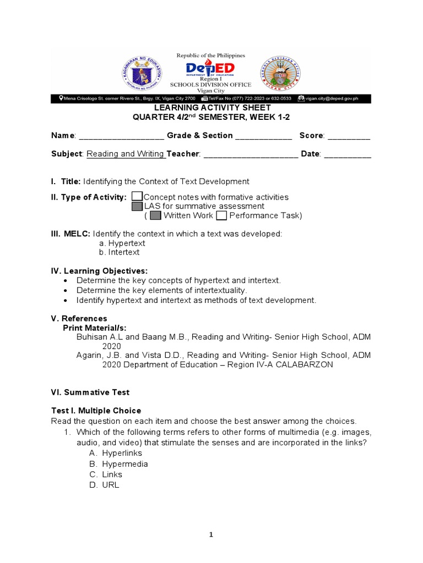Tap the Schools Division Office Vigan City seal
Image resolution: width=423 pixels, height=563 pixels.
click(281, 74)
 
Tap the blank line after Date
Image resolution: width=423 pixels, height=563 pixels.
click(348, 154)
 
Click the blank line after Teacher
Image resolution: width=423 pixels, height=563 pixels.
click(251, 154)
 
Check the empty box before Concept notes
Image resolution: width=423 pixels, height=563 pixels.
click(138, 197)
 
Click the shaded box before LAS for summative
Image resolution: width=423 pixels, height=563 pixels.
click(138, 206)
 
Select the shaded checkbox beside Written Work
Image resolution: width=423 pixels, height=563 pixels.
click(155, 216)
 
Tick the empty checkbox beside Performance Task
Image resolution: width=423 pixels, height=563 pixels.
click(221, 216)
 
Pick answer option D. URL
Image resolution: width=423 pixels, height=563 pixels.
click(104, 485)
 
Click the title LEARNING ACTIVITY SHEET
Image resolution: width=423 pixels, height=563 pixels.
click(211, 108)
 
